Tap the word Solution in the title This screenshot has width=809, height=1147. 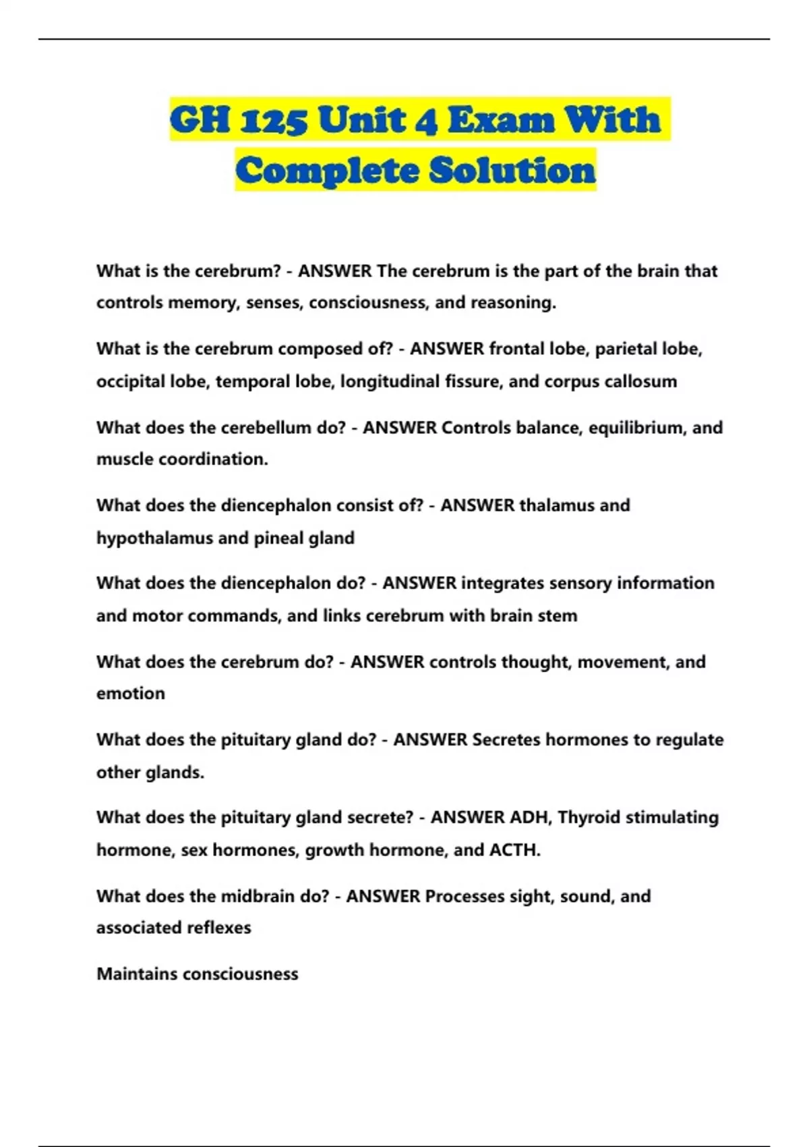[512, 170]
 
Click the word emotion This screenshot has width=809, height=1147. [130, 694]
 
